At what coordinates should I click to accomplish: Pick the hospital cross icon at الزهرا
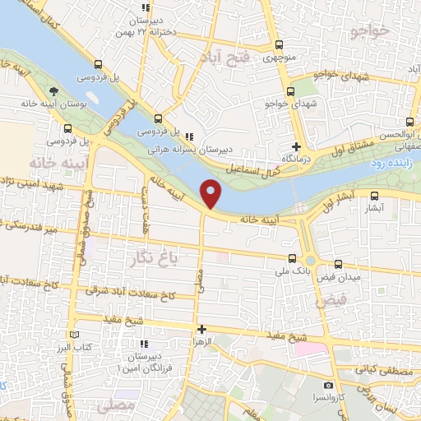201,329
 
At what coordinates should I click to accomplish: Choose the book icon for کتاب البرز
75,336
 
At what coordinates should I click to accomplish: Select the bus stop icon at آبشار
375,196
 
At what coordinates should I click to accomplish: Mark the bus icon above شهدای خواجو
290,92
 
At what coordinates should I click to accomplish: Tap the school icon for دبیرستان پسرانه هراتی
190,136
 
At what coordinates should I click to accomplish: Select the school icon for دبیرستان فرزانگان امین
145,344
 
